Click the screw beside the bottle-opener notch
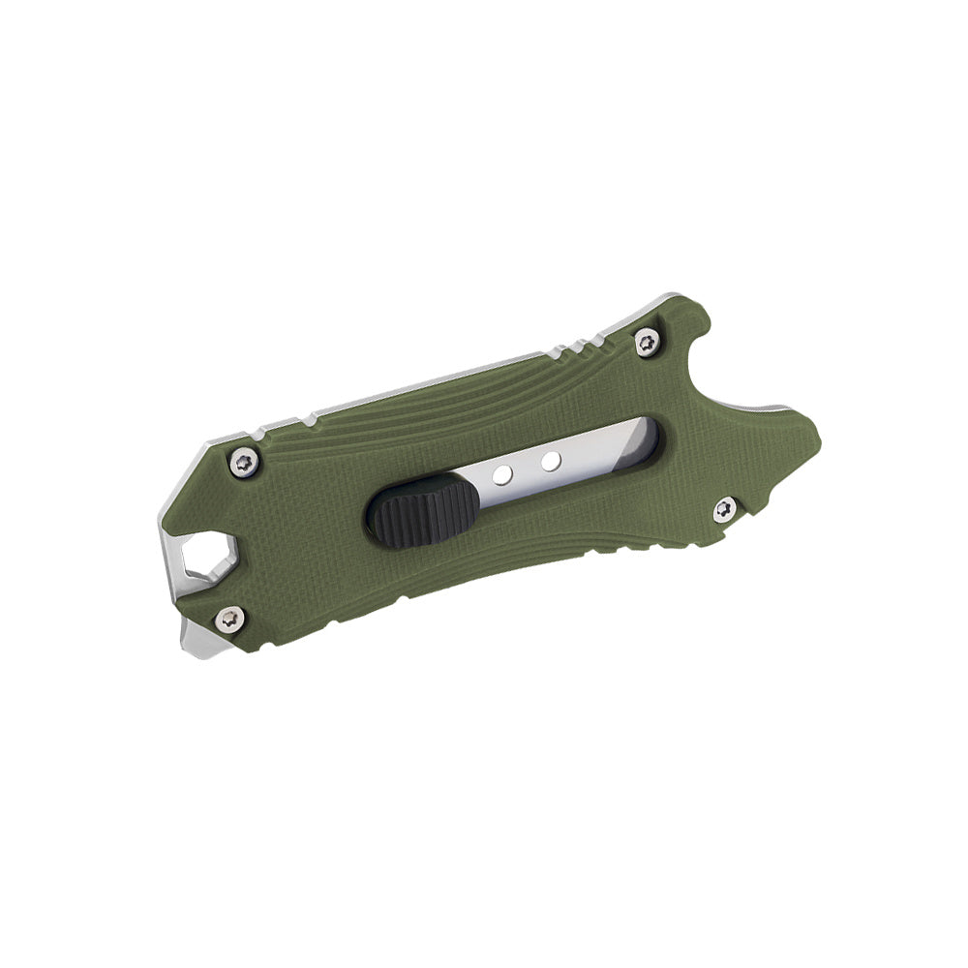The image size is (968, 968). [x=646, y=341]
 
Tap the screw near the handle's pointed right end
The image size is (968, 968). [x=724, y=507]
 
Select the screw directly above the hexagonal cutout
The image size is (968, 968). [x=246, y=463]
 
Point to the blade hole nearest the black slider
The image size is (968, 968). [x=501, y=474]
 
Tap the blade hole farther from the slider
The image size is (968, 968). [x=550, y=460]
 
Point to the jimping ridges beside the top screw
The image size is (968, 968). [x=580, y=343]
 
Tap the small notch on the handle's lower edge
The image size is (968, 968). [x=402, y=602]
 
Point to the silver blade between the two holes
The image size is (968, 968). [x=526, y=467]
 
